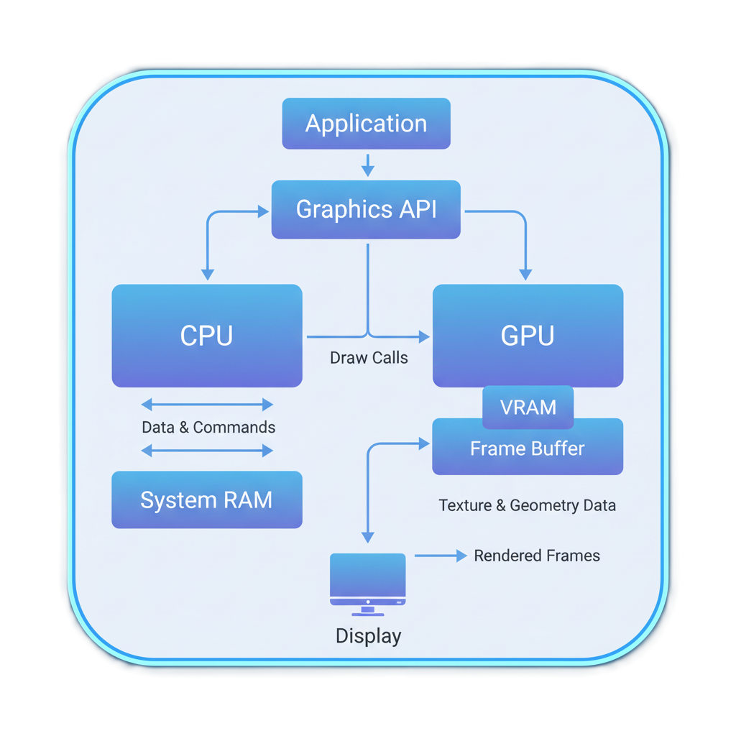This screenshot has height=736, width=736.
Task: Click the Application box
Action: coord(366,124)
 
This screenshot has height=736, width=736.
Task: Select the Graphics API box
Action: coord(366,209)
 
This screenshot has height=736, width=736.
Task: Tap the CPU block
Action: coord(207,336)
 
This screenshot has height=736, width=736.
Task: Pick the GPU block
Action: coord(528,336)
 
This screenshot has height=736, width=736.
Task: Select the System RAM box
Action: coord(207,500)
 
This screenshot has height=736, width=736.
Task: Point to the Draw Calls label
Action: coord(369,357)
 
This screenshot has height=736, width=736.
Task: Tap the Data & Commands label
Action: coord(208,427)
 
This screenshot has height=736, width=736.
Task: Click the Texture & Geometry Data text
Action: coord(527,505)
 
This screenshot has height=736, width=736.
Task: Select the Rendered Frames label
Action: coord(537,556)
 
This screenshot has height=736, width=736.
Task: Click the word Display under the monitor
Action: coord(368,636)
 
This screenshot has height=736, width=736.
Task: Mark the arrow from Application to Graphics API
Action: coord(367,165)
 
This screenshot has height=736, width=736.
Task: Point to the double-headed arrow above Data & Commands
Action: coord(207,405)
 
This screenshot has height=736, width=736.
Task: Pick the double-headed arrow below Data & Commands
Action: coord(207,451)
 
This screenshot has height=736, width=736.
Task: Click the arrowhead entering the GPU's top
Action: coord(525,274)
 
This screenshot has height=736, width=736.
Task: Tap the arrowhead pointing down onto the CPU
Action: coord(208,274)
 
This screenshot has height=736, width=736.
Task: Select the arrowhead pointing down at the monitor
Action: coord(367,537)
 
